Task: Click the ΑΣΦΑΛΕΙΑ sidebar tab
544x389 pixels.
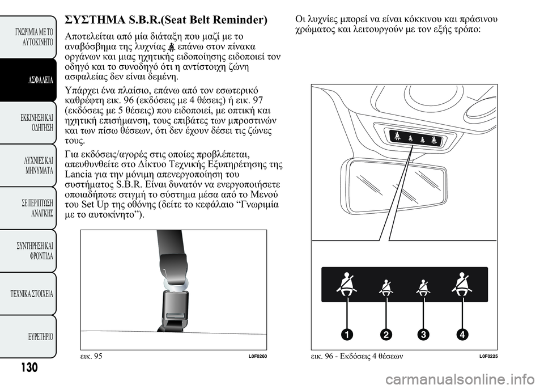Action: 28,80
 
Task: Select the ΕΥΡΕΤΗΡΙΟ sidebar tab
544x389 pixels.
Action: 28,336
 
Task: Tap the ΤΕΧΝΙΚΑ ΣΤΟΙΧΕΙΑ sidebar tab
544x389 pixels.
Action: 28,294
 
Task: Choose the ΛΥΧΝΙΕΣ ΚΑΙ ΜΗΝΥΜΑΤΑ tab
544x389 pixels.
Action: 28,166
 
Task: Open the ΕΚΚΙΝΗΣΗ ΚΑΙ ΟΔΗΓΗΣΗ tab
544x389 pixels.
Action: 28,122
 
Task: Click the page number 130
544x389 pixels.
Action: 29,367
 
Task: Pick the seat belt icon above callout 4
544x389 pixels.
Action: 462,284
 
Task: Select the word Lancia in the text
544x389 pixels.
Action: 76,174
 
